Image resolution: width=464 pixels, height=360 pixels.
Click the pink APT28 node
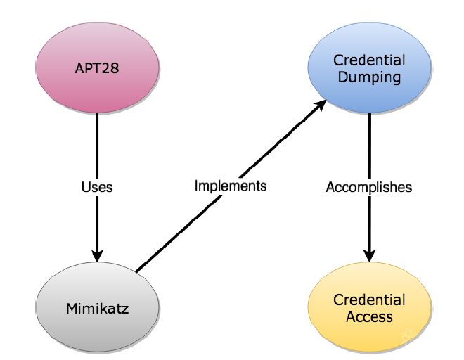tap(96, 70)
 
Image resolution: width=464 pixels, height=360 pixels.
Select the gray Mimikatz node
tap(96, 308)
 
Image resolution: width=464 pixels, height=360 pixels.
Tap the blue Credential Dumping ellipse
tap(369, 69)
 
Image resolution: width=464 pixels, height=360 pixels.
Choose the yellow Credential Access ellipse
tap(369, 308)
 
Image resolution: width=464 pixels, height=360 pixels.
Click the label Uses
tap(96, 188)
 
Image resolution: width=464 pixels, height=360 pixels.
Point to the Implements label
tap(230, 186)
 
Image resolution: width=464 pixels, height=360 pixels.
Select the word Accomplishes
tap(368, 188)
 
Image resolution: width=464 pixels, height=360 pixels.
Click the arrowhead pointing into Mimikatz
tap(96, 254)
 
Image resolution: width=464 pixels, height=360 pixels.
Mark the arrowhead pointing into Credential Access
tap(369, 254)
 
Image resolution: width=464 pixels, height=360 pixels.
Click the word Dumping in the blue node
tap(369, 77)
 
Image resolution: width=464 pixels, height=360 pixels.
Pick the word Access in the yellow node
tap(369, 316)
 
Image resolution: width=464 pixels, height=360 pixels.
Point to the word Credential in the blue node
tap(369, 61)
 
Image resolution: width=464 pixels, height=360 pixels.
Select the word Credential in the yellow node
tap(369, 300)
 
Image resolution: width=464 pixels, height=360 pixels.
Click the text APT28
tap(96, 70)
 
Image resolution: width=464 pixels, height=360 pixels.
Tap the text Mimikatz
tap(96, 308)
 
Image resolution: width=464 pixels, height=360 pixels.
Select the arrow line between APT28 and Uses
tap(96, 144)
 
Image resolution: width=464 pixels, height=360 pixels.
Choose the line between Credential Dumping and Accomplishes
tap(369, 144)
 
